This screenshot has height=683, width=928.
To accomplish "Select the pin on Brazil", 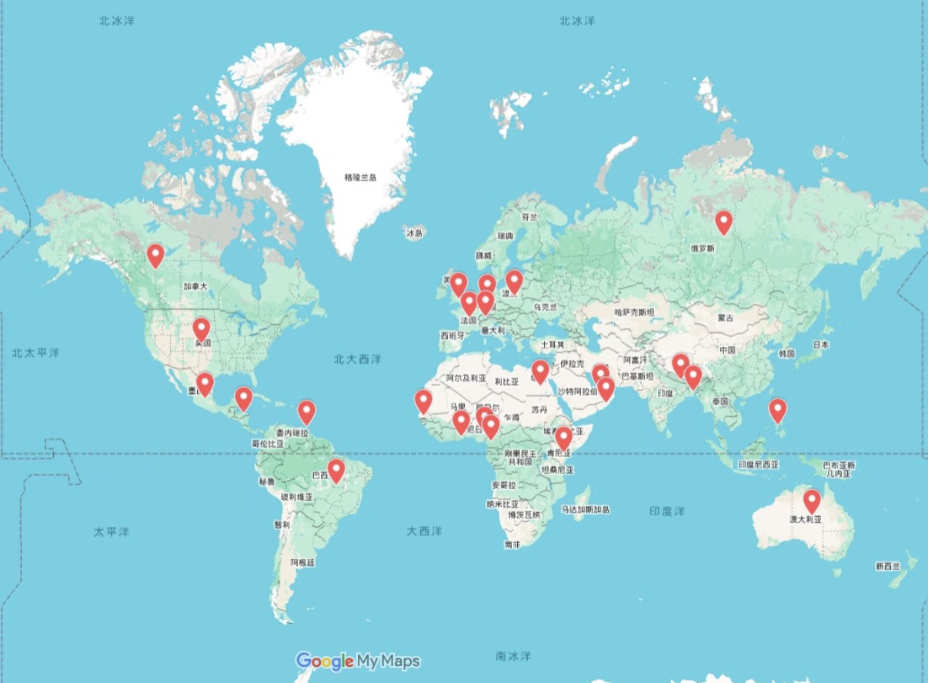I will tap(335, 470).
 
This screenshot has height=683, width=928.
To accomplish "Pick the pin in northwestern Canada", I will tap(155, 255).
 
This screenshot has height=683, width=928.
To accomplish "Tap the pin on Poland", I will tap(514, 282).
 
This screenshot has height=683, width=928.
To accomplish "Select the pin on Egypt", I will tap(540, 371).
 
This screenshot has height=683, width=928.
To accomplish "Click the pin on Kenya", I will tap(564, 438).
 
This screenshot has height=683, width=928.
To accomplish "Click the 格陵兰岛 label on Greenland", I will tap(361, 178).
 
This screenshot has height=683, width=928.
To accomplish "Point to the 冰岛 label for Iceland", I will tap(415, 233).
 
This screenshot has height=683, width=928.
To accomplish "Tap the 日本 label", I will tap(822, 345).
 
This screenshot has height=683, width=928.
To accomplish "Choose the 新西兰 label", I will tap(887, 566).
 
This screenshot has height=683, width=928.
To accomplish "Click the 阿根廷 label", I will tap(302, 563).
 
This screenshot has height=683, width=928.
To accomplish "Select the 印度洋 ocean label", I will tap(666, 511).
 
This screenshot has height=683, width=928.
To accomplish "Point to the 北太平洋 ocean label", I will tap(35, 353).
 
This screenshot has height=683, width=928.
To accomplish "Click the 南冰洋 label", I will tap(513, 656).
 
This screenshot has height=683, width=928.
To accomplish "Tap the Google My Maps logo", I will tap(358, 661).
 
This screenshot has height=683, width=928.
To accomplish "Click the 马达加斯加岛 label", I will tap(586, 510).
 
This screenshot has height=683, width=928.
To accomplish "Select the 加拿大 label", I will tap(195, 286).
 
